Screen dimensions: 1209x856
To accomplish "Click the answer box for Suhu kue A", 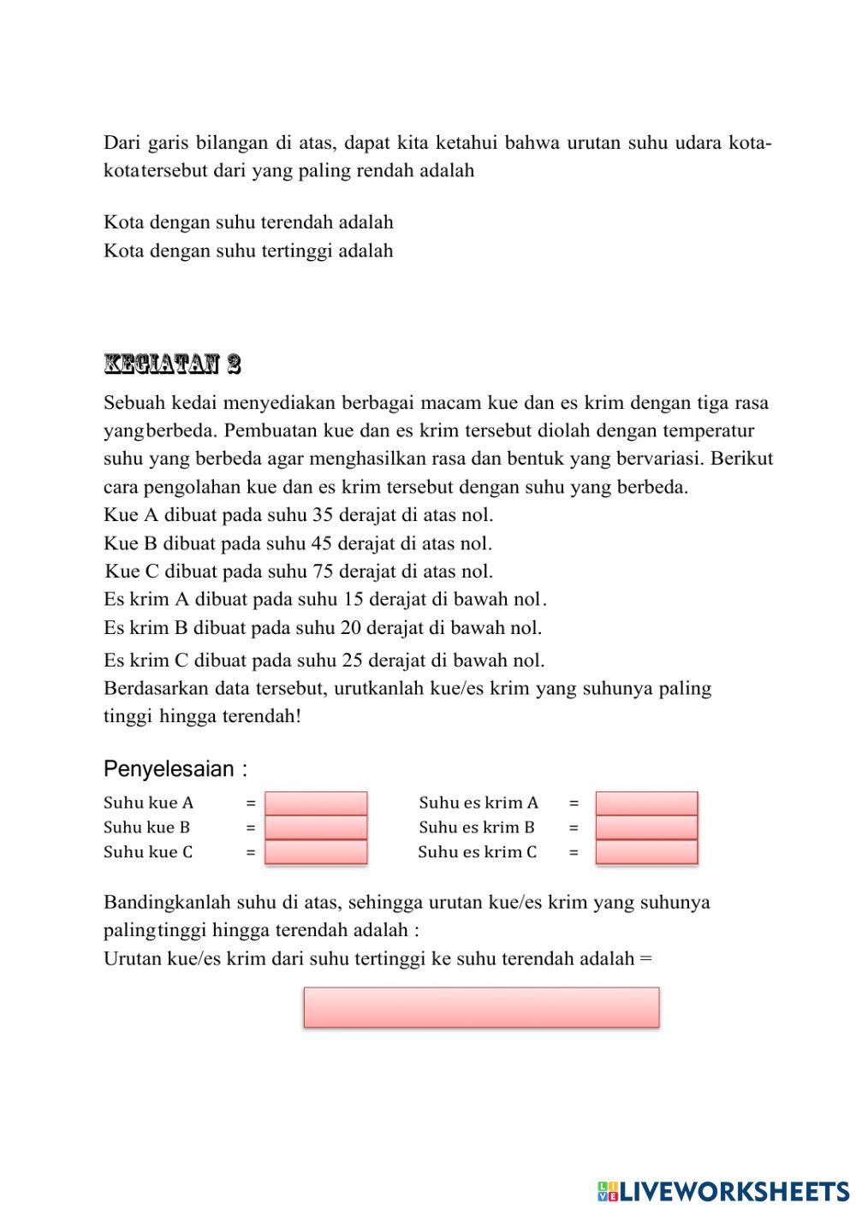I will [x=316, y=803].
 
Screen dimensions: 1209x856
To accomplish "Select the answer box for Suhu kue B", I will [x=316, y=827].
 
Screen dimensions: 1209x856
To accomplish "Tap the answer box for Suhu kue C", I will [x=316, y=852].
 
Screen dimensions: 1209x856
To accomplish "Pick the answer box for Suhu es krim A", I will [x=646, y=803].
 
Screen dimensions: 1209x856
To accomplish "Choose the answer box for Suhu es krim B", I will [x=646, y=827].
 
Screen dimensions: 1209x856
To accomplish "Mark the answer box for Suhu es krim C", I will [x=646, y=852].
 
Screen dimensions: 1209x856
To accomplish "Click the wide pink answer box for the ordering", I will [x=481, y=1007].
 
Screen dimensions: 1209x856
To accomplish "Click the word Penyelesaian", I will [x=169, y=769].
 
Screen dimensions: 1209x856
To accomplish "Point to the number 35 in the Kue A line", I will [x=322, y=515].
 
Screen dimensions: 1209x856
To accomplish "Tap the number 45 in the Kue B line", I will [x=321, y=543].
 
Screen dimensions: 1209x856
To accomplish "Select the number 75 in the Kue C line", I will [x=322, y=572].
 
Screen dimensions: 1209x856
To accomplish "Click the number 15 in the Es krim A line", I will [x=352, y=600].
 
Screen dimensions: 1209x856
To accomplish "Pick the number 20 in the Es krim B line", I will [x=351, y=628].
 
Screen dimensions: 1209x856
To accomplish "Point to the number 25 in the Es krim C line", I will [x=354, y=660].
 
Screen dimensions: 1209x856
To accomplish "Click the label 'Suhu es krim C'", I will [x=478, y=852].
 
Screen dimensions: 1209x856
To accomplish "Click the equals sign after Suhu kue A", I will [x=251, y=803].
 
